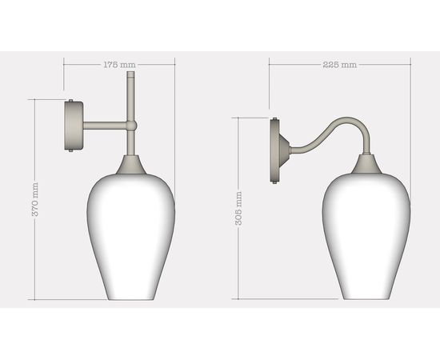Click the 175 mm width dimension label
click(118, 64)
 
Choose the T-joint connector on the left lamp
click(130, 126)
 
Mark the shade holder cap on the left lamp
click(130, 166)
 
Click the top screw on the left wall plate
click(73, 101)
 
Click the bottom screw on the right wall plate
click(276, 181)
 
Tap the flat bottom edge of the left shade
click(130, 298)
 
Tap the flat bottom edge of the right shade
click(366, 298)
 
